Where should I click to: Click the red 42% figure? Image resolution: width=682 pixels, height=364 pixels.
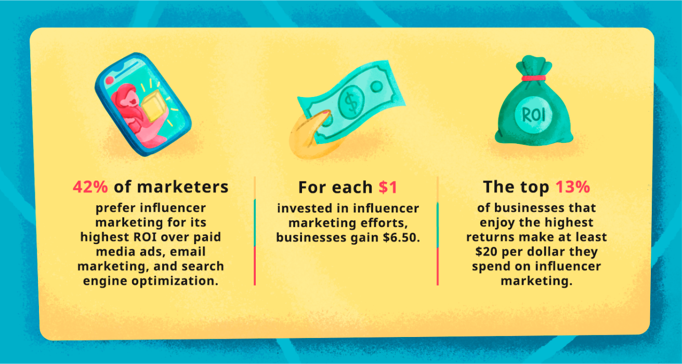(89, 187)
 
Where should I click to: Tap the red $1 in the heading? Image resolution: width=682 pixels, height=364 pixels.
(387, 187)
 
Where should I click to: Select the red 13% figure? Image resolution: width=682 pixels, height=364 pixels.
(572, 187)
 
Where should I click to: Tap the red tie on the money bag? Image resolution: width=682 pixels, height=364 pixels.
(533, 78)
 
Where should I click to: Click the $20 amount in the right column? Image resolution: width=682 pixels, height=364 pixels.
(486, 252)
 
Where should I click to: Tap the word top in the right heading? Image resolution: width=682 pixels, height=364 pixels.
(536, 187)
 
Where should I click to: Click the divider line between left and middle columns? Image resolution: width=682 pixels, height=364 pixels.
(255, 231)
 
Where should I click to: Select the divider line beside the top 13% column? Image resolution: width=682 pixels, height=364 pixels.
(438, 231)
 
